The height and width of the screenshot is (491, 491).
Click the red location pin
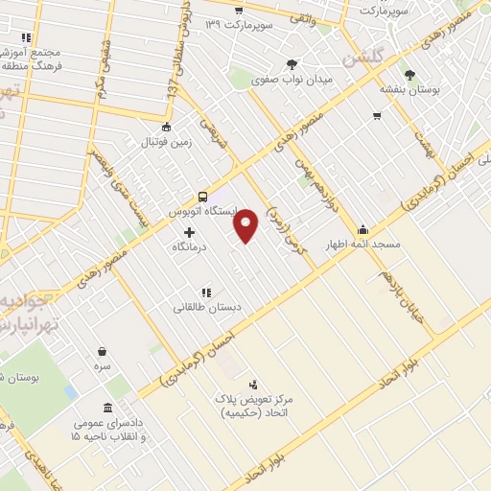tap(246, 225)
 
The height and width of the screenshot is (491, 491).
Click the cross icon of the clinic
tap(189, 232)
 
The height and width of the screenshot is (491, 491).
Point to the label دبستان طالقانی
tap(204, 308)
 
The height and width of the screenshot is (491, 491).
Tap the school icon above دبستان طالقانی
tap(205, 292)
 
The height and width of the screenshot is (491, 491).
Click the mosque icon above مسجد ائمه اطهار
tap(362, 230)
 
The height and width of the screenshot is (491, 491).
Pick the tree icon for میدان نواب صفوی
tap(292, 64)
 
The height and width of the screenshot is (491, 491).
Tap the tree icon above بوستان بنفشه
tap(410, 74)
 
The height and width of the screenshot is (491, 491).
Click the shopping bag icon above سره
tap(102, 351)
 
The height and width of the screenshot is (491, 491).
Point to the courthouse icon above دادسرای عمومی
tap(105, 408)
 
